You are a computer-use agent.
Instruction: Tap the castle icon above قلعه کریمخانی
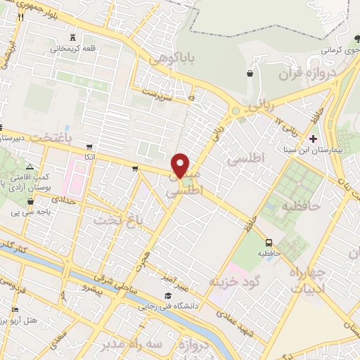[x=74, y=38]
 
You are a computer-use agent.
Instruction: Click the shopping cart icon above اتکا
[x=89, y=147]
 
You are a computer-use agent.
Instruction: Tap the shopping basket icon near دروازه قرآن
[x=250, y=72]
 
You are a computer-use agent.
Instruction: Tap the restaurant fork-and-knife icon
[x=22, y=18]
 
